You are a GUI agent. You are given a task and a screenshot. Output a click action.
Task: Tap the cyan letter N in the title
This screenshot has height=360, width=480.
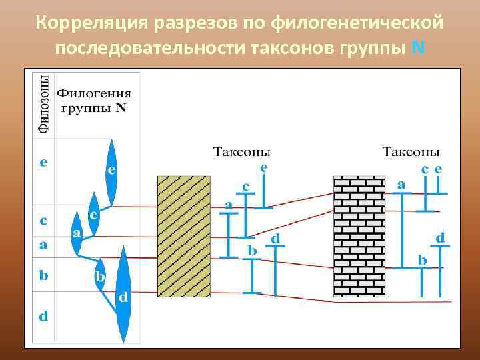418,49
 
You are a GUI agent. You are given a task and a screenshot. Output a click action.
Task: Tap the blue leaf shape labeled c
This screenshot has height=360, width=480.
94,215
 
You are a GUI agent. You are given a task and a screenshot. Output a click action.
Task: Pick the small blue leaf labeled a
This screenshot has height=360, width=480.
77,234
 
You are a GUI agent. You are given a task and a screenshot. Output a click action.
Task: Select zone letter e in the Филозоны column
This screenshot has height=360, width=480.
43,162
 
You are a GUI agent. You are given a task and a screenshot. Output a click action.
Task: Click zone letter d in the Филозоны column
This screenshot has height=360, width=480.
43,316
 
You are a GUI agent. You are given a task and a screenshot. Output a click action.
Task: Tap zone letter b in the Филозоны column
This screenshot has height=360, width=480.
43,276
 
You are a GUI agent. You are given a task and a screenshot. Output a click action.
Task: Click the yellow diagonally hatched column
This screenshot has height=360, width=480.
183,236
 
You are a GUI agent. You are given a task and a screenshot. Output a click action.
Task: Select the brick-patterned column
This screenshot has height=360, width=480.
360,237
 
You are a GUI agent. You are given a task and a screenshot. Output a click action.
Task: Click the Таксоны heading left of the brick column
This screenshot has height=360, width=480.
242,152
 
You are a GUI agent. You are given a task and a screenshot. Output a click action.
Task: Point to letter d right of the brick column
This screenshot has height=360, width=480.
440,237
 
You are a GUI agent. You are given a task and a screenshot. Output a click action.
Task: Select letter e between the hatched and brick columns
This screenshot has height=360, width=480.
265,169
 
